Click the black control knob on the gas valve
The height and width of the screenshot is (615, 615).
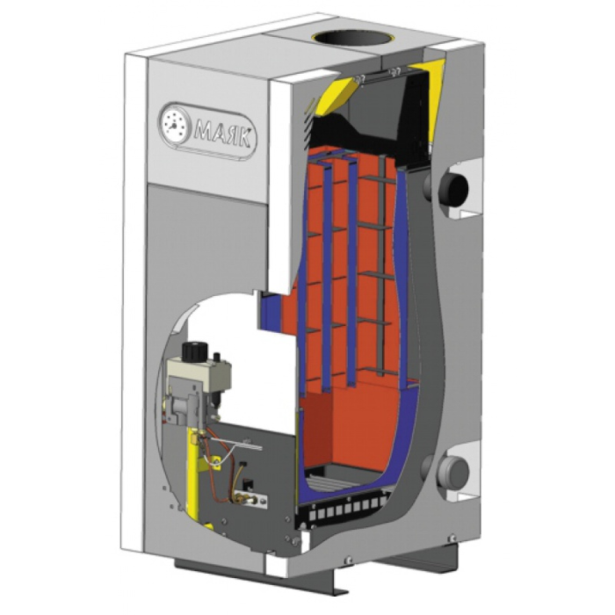[x=195, y=350]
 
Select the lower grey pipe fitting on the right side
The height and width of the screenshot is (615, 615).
[x=453, y=473]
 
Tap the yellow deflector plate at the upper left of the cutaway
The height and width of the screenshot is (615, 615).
[x=336, y=95]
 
